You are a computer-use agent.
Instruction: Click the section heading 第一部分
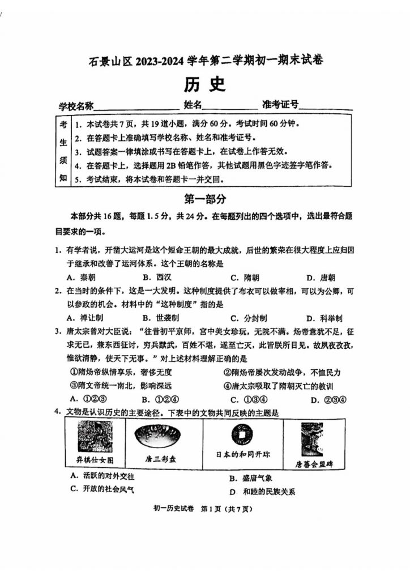point(205,199)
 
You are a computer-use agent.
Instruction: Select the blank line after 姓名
point(229,106)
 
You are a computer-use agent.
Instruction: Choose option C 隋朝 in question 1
point(245,278)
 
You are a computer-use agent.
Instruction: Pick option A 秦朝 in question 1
point(81,278)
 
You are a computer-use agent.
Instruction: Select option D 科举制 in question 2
point(323,318)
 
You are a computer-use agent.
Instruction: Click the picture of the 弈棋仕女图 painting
point(95,437)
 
